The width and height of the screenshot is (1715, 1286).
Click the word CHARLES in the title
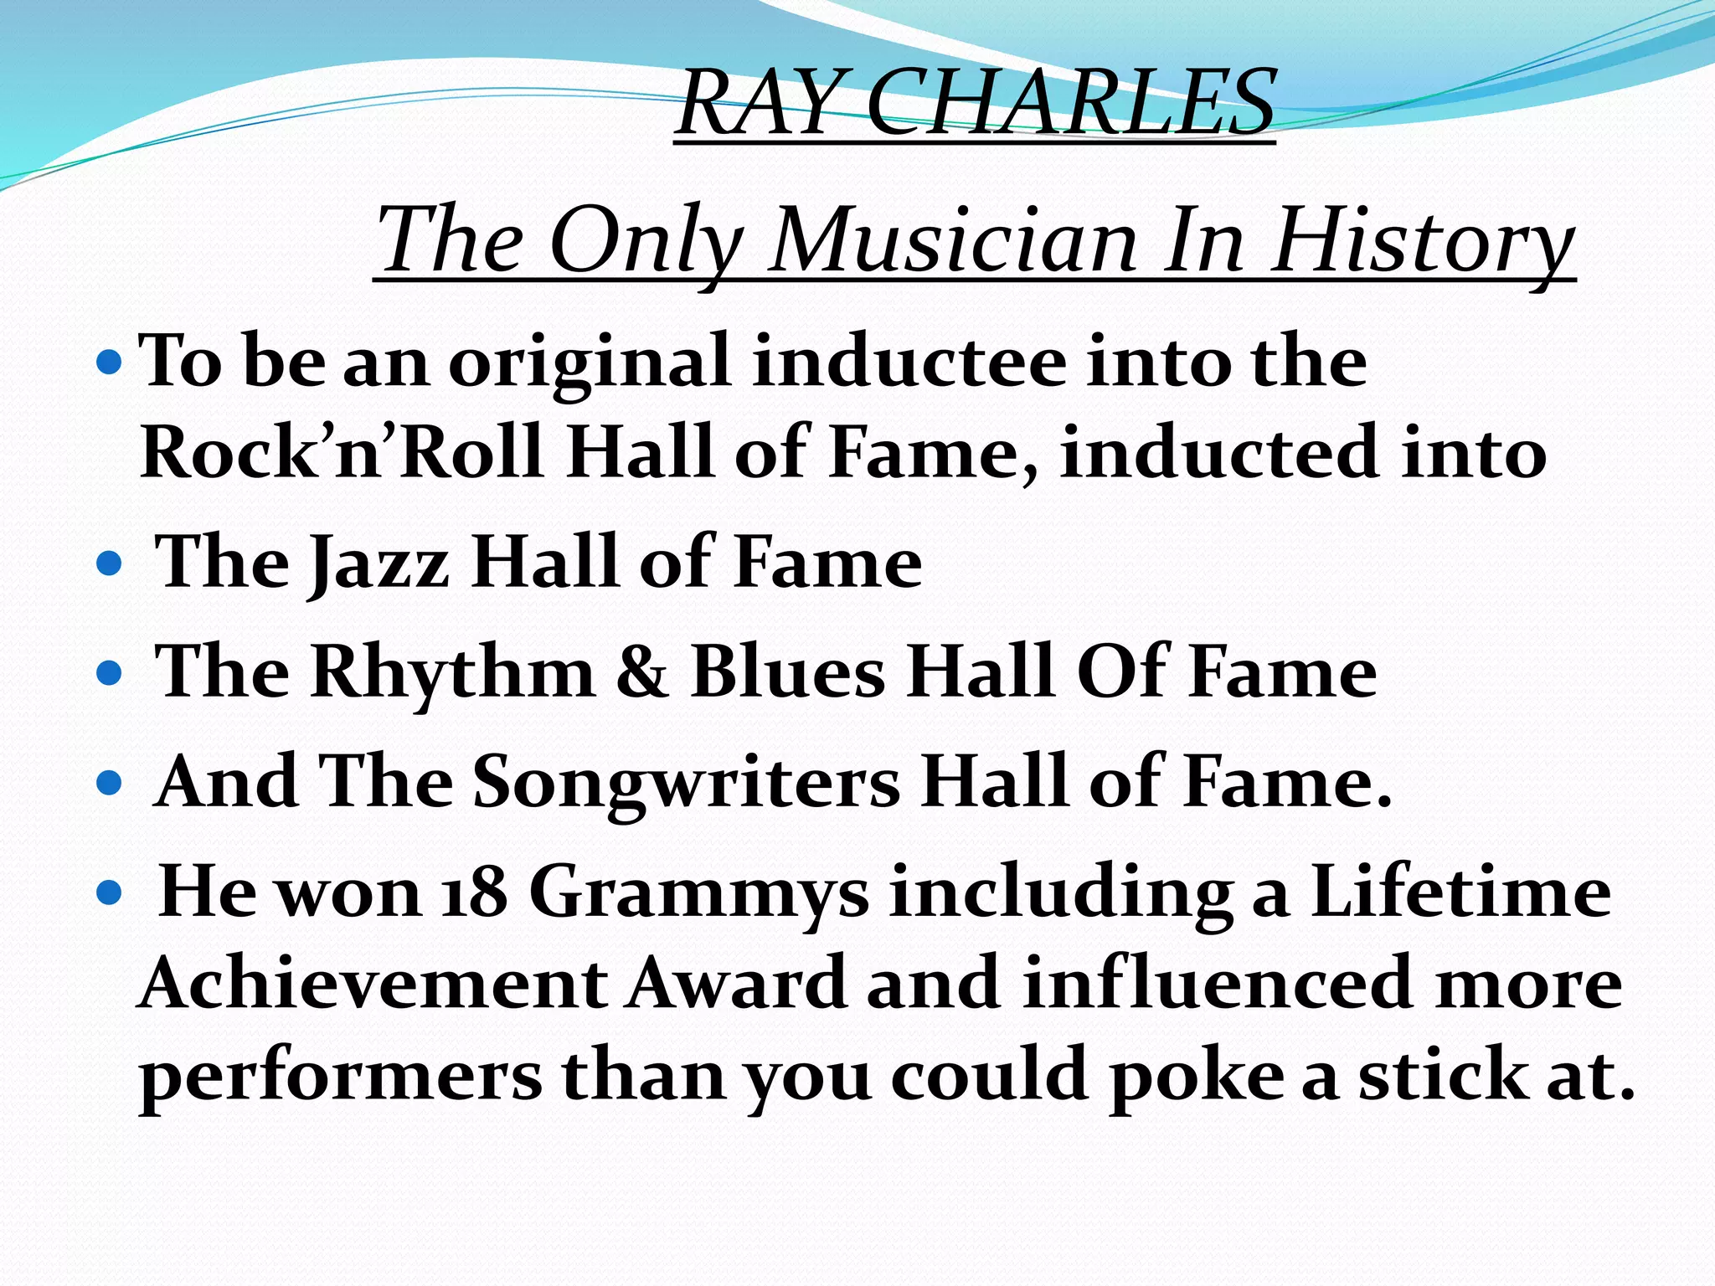pos(1070,104)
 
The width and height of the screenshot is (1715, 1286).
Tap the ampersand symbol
pos(642,672)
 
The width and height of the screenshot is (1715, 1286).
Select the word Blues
pos(788,672)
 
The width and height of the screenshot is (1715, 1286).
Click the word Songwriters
pos(687,783)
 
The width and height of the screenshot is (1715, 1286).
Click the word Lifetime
pos(1460,892)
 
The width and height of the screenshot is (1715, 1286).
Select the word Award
pos(737,984)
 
